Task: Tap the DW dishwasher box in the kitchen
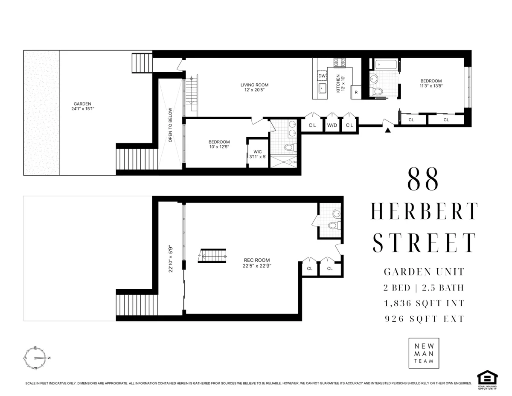(x=322, y=76)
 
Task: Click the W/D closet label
(x=331, y=126)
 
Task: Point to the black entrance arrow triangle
(x=388, y=130)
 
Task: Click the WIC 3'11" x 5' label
(x=258, y=154)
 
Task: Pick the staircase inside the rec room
(x=212, y=256)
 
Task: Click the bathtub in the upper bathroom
(x=387, y=65)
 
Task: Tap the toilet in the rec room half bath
(x=333, y=226)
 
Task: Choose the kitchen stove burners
(x=340, y=62)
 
